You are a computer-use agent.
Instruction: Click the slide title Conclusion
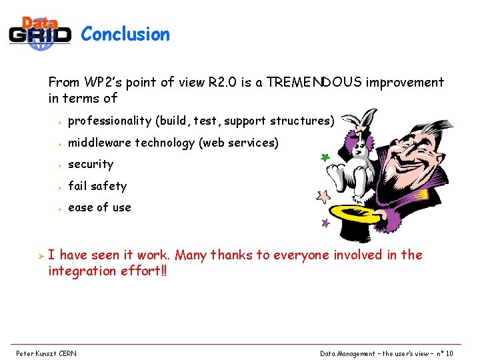pos(125,35)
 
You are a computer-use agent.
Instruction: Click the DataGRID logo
pos(40,33)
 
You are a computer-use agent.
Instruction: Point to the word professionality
pos(110,121)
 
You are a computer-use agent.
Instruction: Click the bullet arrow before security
pos(59,165)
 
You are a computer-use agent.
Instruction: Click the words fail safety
pos(97,186)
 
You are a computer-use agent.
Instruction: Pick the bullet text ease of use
pos(99,207)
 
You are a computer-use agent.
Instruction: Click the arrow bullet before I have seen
pos(39,255)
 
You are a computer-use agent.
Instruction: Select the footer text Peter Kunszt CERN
pos(46,353)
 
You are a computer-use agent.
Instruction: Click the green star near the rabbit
pos(325,159)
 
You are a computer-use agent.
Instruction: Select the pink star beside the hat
pos(323,197)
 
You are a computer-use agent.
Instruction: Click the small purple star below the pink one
pos(325,223)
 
